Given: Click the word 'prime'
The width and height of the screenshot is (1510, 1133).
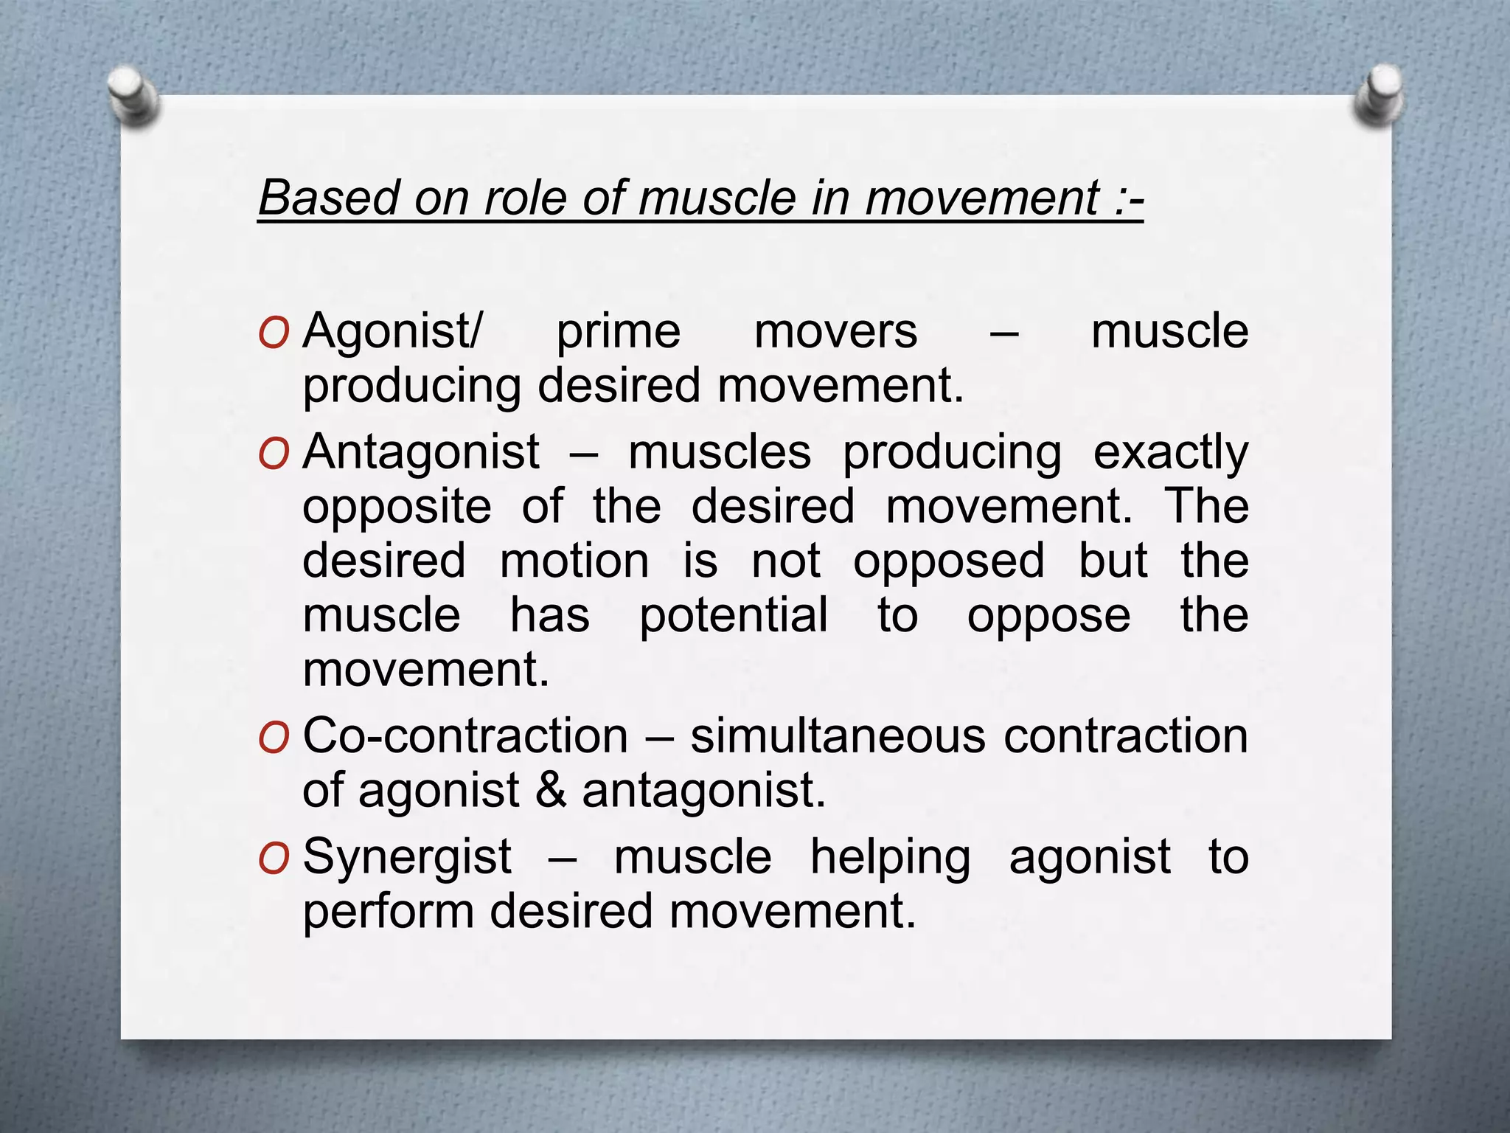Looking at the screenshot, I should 618,332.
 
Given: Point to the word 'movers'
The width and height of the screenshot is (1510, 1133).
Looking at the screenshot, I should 835,332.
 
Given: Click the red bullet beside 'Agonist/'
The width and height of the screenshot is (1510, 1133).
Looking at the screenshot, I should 274,333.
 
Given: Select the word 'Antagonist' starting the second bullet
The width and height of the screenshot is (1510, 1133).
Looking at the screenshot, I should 421,451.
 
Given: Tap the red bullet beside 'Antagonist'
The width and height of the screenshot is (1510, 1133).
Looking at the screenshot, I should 274,454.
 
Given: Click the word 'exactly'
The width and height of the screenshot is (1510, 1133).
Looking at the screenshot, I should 1170,453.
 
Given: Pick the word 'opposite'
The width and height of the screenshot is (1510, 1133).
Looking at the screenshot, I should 397,507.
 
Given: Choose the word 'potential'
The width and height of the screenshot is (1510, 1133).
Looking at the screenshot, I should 733,615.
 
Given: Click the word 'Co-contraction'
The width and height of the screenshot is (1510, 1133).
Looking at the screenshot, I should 465,736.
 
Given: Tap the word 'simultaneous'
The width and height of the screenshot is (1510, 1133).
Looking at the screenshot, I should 835,736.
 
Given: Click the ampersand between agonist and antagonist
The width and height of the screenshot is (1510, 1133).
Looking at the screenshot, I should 550,791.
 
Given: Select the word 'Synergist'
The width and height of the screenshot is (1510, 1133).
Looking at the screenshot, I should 407,857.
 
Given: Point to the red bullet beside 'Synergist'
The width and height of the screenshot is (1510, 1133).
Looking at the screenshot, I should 274,859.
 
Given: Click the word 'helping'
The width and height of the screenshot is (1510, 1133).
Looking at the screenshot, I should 890,859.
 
